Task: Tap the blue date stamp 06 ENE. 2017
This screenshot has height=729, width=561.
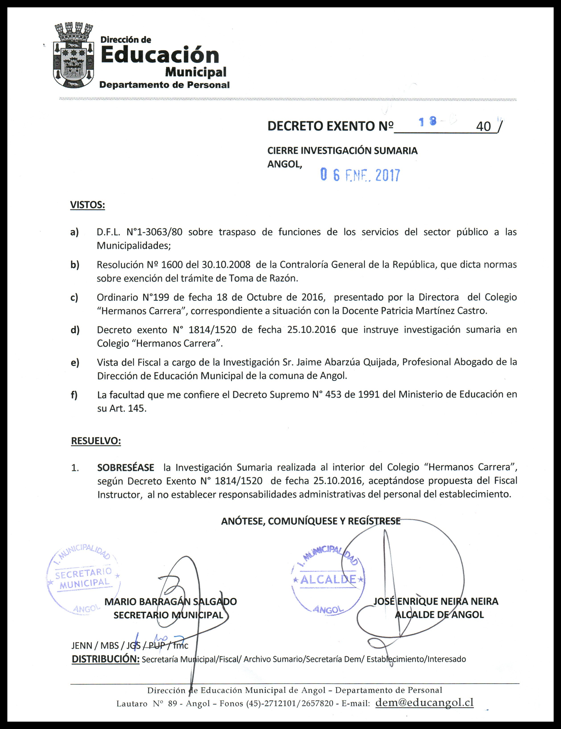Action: (x=360, y=175)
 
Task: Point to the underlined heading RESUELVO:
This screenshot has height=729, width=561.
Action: (x=96, y=441)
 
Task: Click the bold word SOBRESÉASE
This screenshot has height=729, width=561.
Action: (x=125, y=467)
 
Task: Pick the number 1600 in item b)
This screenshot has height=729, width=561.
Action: (x=170, y=265)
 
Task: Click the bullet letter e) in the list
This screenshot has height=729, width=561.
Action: (x=75, y=362)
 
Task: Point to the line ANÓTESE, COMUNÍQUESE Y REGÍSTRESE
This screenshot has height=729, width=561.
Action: (x=310, y=521)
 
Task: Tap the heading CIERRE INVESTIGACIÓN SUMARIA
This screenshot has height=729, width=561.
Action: (x=342, y=151)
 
